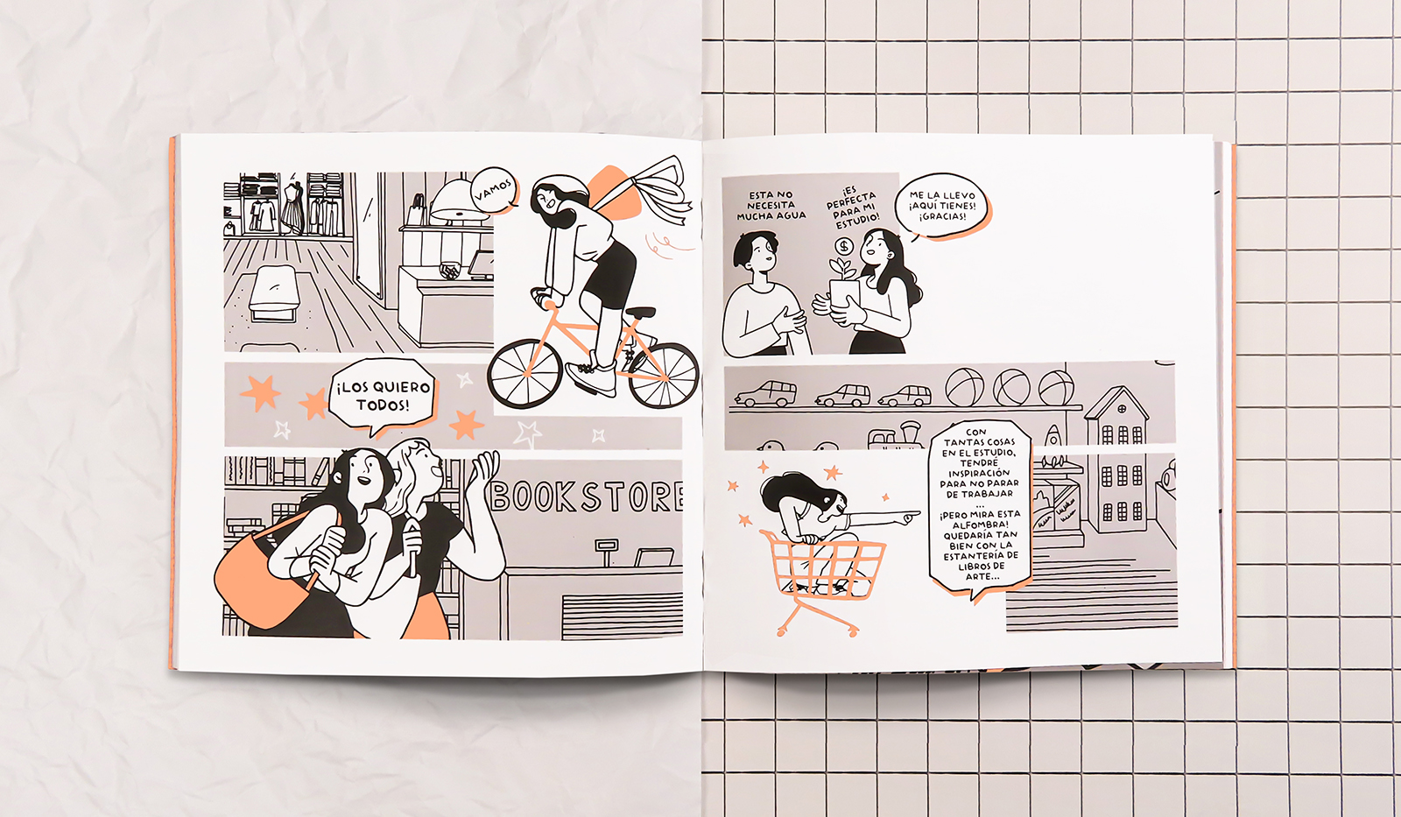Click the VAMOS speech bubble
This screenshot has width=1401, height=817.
tap(493, 190)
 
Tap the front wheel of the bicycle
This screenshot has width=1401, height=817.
tap(524, 374)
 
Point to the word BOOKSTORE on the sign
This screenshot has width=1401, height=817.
tap(586, 497)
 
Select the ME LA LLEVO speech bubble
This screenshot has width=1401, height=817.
tap(942, 206)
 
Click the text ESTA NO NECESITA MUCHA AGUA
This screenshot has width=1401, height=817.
tap(771, 206)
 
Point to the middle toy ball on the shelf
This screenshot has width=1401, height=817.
tap(1010, 387)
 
